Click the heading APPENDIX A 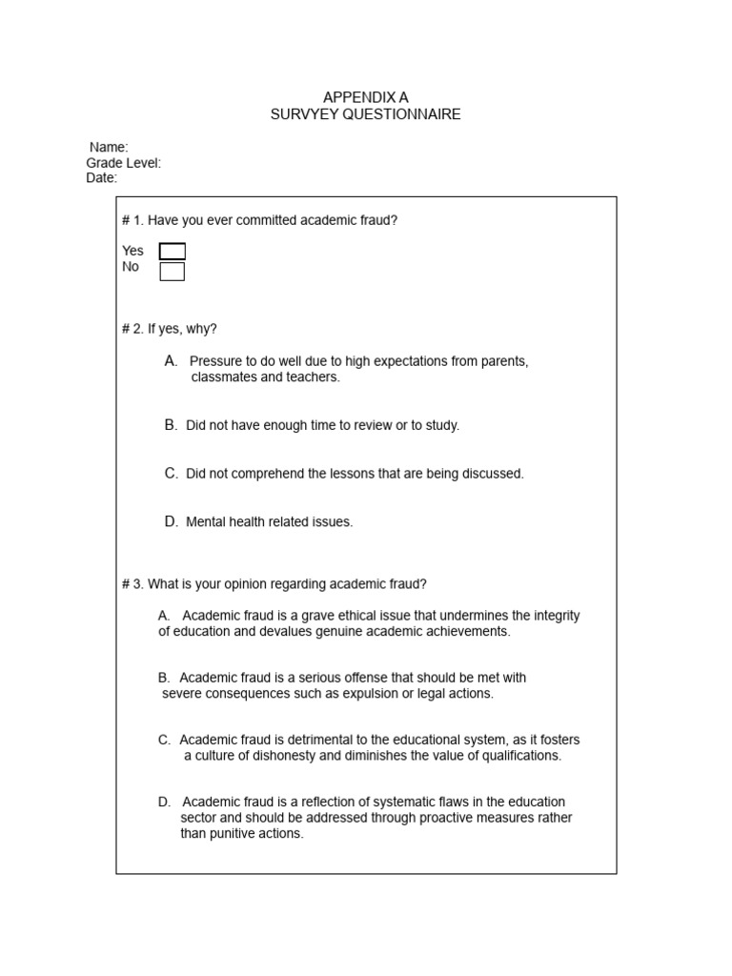[x=365, y=97]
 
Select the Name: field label [x=109, y=147]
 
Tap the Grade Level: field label [x=124, y=163]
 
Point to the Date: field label [x=102, y=178]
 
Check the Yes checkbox [x=173, y=252]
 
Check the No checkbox [x=173, y=272]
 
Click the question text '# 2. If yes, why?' [x=170, y=329]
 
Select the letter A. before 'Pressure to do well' [x=171, y=361]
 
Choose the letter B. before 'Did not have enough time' [x=171, y=425]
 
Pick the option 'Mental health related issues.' [x=270, y=522]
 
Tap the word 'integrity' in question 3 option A [x=556, y=616]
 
